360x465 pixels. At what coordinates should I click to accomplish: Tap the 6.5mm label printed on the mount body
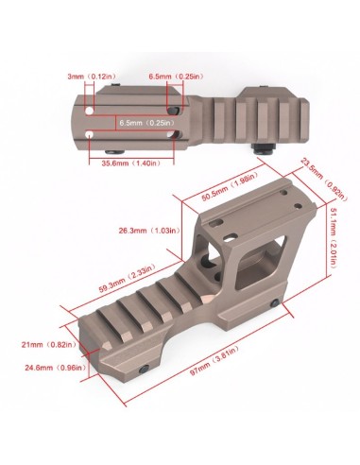point(145,122)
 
